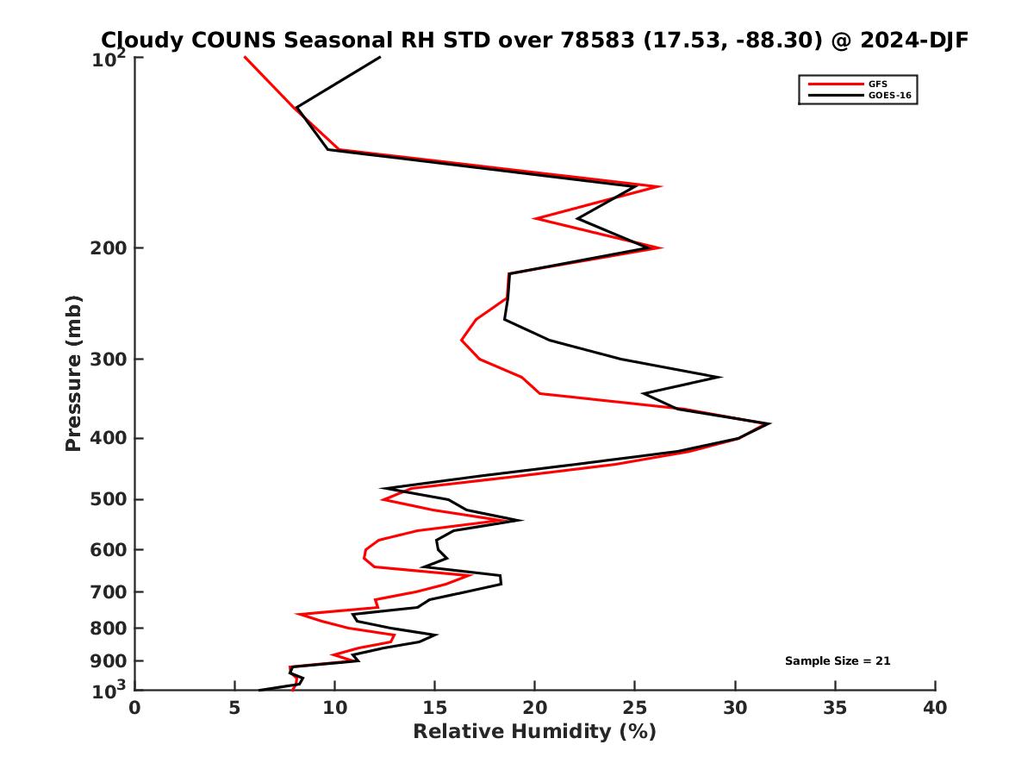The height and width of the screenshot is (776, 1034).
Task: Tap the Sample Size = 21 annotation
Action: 838,661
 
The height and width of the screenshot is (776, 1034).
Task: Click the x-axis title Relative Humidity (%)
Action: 534,732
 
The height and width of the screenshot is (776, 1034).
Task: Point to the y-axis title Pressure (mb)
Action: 73,373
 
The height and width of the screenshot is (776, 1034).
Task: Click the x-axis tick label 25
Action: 635,709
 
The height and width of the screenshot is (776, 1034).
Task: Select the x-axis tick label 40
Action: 935,709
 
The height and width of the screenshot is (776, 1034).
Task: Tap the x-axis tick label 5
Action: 234,709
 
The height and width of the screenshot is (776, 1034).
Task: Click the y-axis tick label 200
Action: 104,248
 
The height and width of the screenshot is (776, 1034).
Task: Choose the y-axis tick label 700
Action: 104,592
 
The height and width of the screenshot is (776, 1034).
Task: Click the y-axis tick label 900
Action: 104,661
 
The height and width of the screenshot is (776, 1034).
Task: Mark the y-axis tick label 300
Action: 104,360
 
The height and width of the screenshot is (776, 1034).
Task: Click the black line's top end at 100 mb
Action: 380,57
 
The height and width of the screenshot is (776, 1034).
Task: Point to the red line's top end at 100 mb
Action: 245,57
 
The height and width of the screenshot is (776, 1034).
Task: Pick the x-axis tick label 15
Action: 434,709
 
